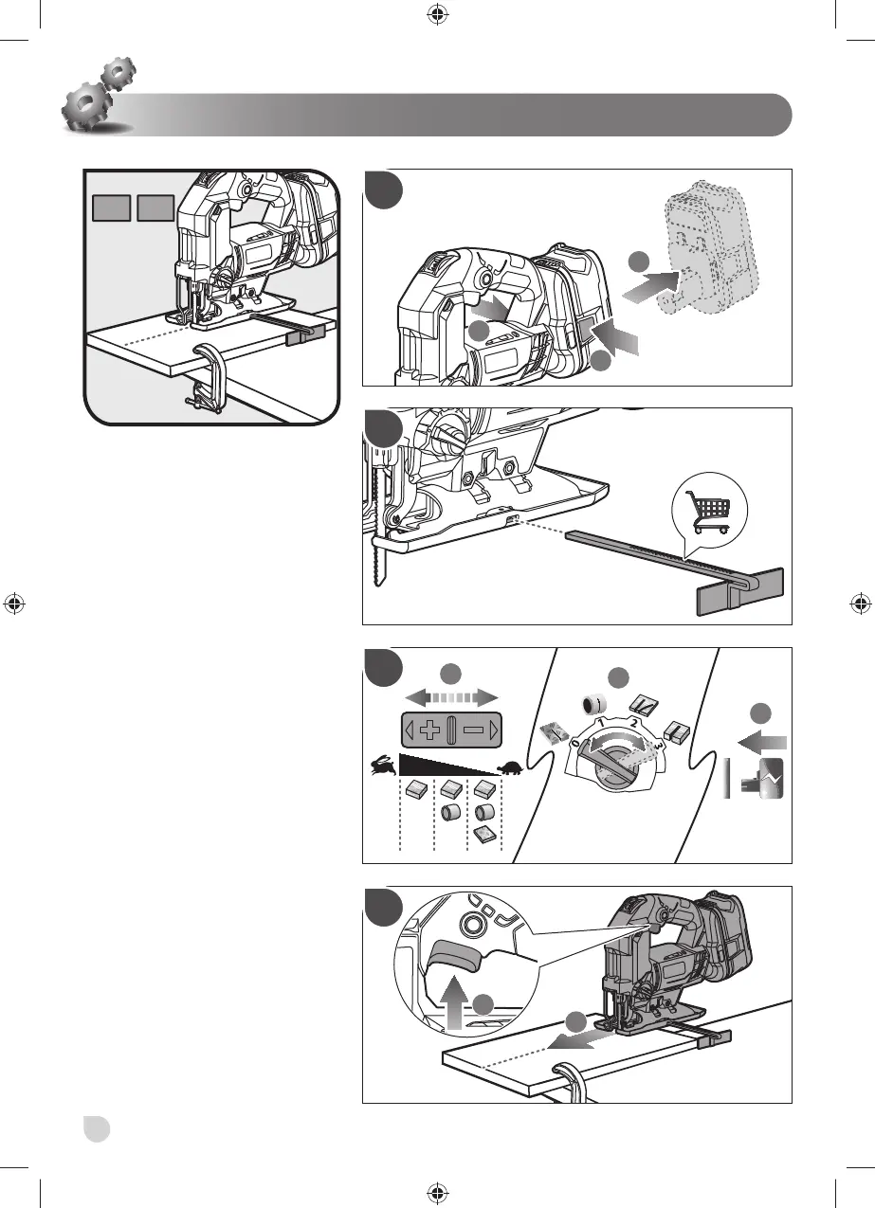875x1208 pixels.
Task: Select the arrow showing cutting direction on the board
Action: [x=559, y=1037]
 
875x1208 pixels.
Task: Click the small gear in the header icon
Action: [x=118, y=73]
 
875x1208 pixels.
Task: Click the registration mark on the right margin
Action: [x=859, y=604]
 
